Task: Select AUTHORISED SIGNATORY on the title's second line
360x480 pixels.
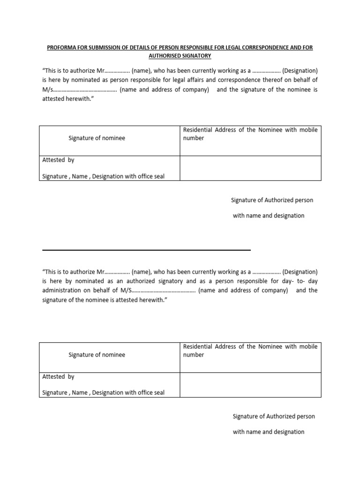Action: coord(180,56)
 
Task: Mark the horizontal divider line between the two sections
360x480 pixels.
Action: coord(146,250)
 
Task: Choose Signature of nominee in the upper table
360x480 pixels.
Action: coord(97,138)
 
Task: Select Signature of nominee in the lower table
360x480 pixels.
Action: coord(97,355)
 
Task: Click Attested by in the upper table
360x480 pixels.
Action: coord(58,160)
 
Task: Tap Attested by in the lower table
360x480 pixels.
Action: coord(58,376)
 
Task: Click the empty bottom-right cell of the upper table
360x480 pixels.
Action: coord(250,168)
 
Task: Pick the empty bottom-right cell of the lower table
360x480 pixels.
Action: coord(250,385)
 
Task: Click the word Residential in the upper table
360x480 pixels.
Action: coord(197,130)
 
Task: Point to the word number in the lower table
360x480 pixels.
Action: coord(194,355)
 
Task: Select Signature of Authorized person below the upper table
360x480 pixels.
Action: coord(272,200)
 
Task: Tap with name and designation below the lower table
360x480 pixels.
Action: coord(269,432)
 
